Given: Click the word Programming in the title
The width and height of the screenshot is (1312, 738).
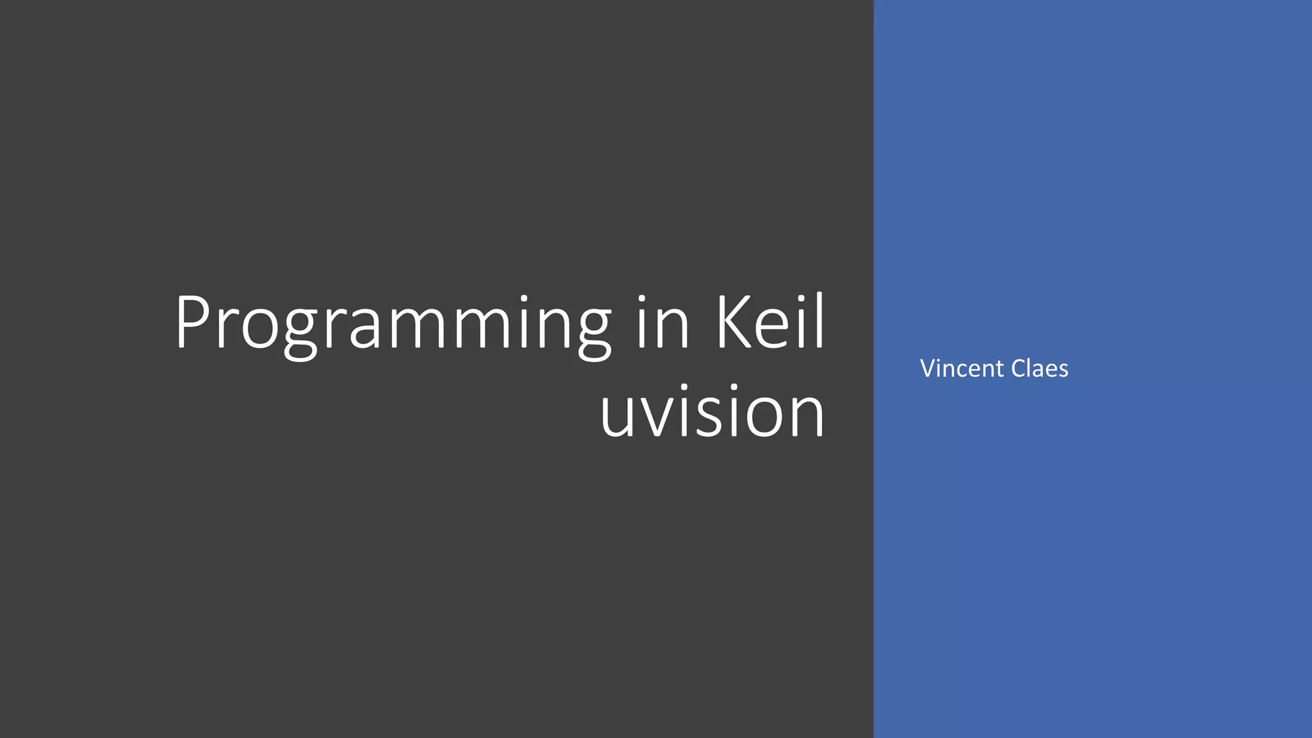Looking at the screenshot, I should pyautogui.click(x=393, y=324).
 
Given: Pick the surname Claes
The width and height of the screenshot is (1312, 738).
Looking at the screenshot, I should pyautogui.click(x=1040, y=368).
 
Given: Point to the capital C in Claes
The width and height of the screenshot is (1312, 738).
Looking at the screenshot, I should pyautogui.click(x=1019, y=368).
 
